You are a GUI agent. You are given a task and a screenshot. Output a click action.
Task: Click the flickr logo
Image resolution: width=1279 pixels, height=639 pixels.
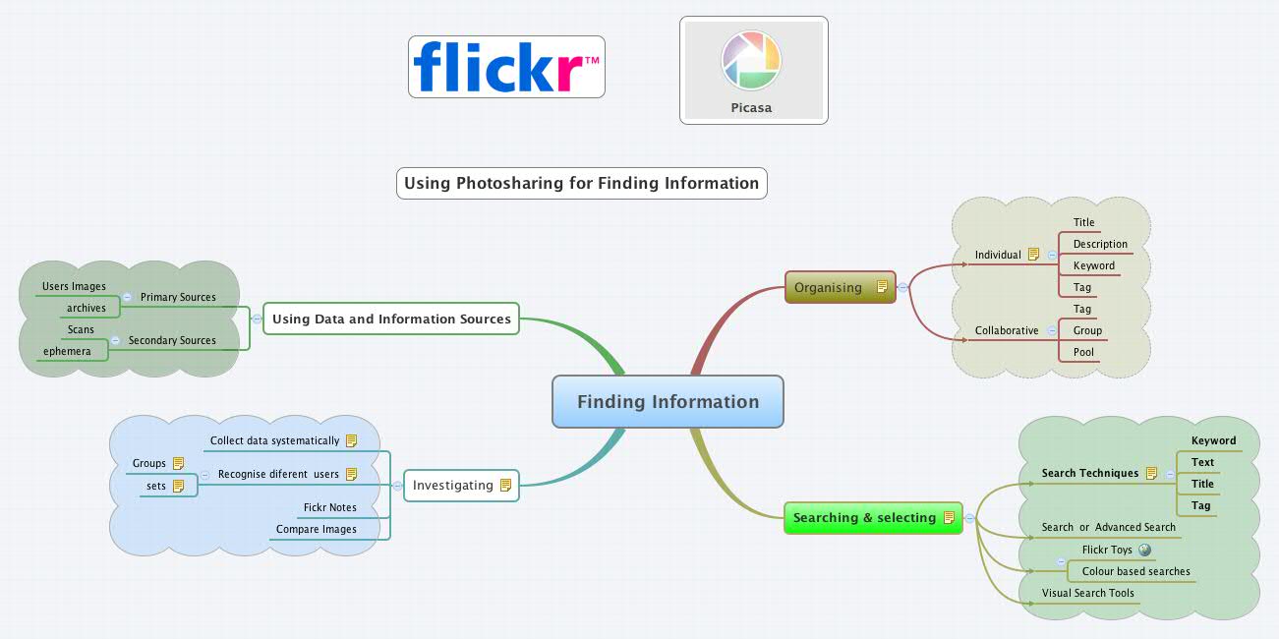point(505,67)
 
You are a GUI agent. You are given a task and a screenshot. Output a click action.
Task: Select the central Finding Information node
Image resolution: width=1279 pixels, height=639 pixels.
point(668,402)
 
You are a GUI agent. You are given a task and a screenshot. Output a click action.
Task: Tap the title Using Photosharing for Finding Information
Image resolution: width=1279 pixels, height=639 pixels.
point(581,184)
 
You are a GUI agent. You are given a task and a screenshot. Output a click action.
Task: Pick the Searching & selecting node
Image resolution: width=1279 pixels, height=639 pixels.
point(864,517)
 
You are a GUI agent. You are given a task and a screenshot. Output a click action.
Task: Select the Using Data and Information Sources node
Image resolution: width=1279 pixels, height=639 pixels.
point(391,319)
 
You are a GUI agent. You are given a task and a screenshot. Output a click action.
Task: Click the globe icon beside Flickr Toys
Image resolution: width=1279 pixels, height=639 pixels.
point(1144,550)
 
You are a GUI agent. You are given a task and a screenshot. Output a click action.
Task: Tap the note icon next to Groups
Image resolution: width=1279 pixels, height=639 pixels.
point(178,463)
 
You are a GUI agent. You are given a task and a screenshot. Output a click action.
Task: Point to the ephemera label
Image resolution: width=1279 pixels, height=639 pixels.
point(67,351)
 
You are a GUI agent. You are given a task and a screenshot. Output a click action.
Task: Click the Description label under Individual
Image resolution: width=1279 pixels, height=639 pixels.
point(1100,244)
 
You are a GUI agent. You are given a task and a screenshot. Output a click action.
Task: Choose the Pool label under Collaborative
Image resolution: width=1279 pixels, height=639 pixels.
point(1083,352)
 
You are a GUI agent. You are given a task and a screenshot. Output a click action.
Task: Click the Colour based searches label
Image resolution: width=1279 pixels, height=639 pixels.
point(1135,571)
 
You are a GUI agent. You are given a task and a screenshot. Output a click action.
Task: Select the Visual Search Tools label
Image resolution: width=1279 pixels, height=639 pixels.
point(1087,593)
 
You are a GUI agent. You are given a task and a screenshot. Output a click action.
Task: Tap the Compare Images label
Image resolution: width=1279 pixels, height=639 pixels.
point(316,529)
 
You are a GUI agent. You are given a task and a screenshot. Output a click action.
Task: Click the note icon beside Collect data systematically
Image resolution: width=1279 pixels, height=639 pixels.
point(351,440)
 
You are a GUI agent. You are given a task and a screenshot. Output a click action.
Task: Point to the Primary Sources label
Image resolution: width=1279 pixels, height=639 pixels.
point(178,297)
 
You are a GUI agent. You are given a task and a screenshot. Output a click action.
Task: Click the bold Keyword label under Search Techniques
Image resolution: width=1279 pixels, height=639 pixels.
point(1213,440)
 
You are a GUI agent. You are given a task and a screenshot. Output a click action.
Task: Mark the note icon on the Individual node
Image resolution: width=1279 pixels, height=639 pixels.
point(1033,254)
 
